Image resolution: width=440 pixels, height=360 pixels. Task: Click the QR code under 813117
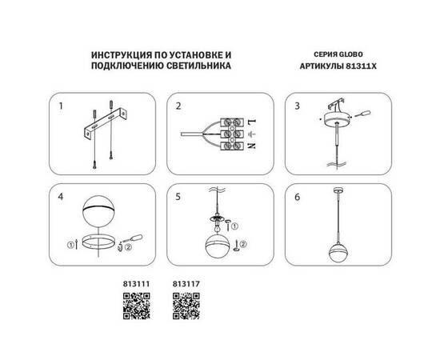pyautogui.click(x=186, y=305)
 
